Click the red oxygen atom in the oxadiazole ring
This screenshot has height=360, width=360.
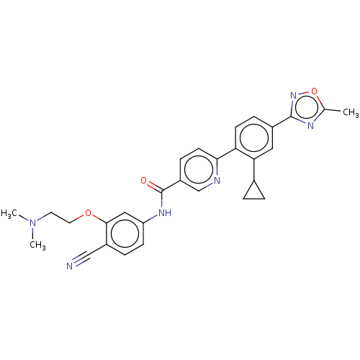(x=314, y=91)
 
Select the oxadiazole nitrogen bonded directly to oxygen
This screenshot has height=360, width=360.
(x=293, y=96)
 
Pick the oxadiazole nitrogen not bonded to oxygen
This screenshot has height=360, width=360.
(x=310, y=125)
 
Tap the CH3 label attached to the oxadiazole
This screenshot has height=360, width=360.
(x=351, y=112)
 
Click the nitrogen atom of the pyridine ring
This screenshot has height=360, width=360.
(x=217, y=180)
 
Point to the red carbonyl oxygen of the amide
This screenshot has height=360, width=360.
(x=144, y=181)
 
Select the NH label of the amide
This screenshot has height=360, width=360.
(x=165, y=212)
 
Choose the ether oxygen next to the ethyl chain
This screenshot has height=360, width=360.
(x=89, y=212)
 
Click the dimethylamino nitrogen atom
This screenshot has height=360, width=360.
(x=32, y=223)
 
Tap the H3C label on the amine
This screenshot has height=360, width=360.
(x=9, y=213)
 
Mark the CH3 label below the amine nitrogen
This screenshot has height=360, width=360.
(x=37, y=245)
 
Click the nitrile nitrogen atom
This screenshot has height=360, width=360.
(x=69, y=266)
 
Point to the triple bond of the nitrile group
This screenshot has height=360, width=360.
(x=81, y=258)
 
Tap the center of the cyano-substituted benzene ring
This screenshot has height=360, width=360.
(x=125, y=233)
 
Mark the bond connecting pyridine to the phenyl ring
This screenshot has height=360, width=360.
(x=226, y=154)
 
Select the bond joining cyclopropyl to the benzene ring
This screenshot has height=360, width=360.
(x=254, y=170)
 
